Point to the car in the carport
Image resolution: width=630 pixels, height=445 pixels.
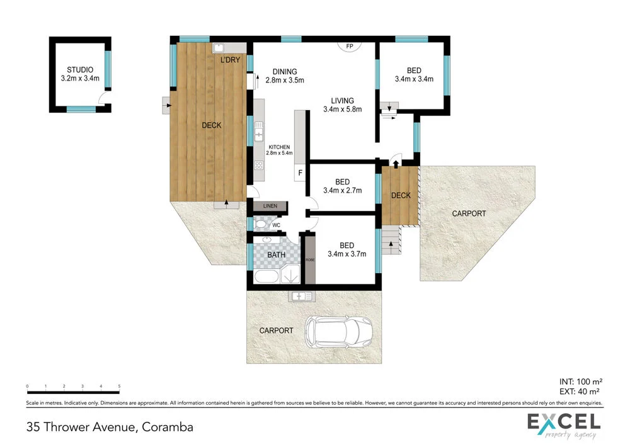(338, 330)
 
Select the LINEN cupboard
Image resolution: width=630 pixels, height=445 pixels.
(270, 206)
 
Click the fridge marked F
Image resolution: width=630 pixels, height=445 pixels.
(300, 172)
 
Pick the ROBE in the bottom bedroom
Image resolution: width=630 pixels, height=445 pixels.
(309, 259)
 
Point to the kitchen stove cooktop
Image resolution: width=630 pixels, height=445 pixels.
(258, 166)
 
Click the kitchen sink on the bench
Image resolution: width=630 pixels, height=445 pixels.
(258, 132)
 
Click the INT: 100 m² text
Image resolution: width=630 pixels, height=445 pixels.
(581, 381)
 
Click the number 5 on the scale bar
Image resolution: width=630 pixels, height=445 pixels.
(119, 386)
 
